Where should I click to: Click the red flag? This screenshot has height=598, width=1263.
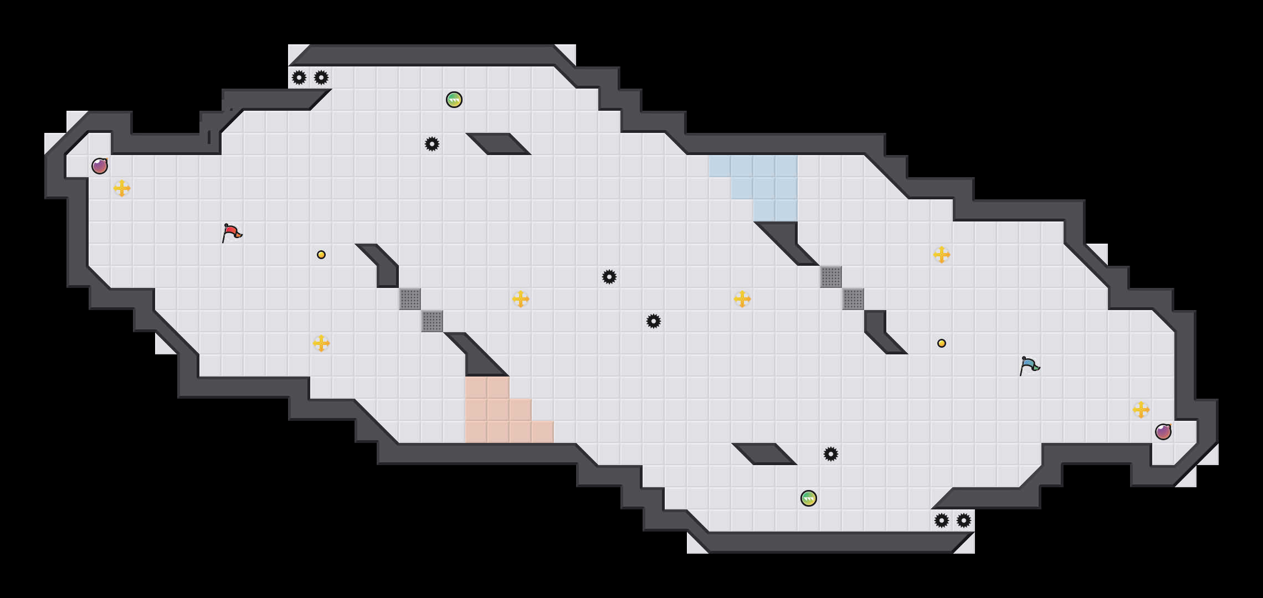(x=232, y=233)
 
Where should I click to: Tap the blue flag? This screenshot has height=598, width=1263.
(x=1029, y=366)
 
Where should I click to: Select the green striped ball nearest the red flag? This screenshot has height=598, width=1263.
(x=454, y=100)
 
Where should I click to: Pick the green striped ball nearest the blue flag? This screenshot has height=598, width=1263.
(x=809, y=498)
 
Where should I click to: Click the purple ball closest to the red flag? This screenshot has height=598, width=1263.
(x=100, y=166)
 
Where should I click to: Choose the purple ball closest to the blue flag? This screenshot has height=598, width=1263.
(x=1163, y=432)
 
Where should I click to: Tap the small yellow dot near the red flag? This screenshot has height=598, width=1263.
(x=321, y=255)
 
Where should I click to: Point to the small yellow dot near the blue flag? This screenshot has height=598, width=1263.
(x=942, y=343)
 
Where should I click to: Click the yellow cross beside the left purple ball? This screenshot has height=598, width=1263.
(x=122, y=188)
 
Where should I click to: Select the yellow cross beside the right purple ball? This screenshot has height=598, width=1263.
(x=1141, y=410)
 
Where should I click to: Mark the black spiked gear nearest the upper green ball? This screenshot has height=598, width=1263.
(x=432, y=144)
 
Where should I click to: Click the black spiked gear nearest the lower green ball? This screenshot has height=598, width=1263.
(x=831, y=454)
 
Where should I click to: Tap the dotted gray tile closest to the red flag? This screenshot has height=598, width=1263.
(x=410, y=299)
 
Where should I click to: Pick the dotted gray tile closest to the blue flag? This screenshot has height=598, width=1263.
(x=853, y=299)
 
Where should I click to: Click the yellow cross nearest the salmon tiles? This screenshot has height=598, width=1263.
(x=521, y=299)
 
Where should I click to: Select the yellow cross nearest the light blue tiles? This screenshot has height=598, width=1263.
(x=742, y=299)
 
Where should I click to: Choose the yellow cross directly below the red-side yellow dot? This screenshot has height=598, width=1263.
(x=321, y=343)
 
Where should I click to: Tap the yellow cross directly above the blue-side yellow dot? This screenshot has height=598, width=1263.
(x=942, y=255)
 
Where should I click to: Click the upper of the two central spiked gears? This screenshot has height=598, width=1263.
(x=609, y=277)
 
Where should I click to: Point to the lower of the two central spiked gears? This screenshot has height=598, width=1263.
(x=654, y=321)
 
